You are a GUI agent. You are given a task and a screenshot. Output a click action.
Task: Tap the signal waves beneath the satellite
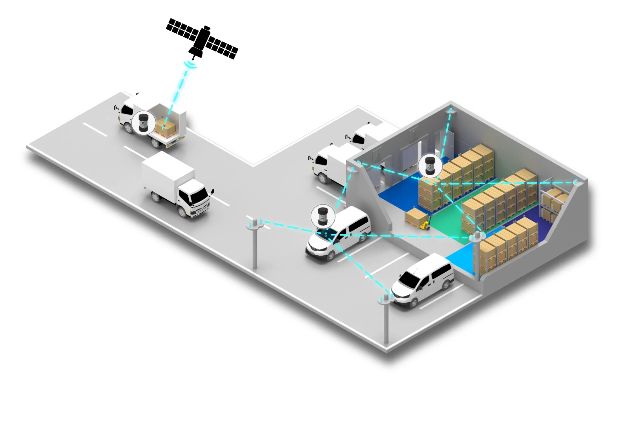click(x=190, y=65)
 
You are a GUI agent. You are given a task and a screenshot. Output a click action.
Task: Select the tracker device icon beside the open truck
click(x=143, y=122)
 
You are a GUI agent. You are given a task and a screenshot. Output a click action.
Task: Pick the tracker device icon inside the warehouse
click(x=430, y=165)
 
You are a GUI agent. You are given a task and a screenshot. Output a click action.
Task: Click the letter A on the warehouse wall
click(x=378, y=155)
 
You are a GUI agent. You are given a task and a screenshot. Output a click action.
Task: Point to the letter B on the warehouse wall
click(x=414, y=134)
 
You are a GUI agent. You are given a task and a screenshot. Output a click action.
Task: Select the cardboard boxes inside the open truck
click(x=166, y=127)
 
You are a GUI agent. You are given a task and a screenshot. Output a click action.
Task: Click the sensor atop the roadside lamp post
click(x=255, y=223)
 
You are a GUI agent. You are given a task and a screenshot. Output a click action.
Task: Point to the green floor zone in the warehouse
click(x=447, y=220)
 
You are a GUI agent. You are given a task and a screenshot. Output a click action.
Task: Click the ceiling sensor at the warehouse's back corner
click(x=450, y=110)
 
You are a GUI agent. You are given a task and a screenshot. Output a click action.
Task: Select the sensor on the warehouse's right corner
click(x=575, y=182)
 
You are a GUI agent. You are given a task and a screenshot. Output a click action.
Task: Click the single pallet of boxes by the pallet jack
click(x=414, y=217)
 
